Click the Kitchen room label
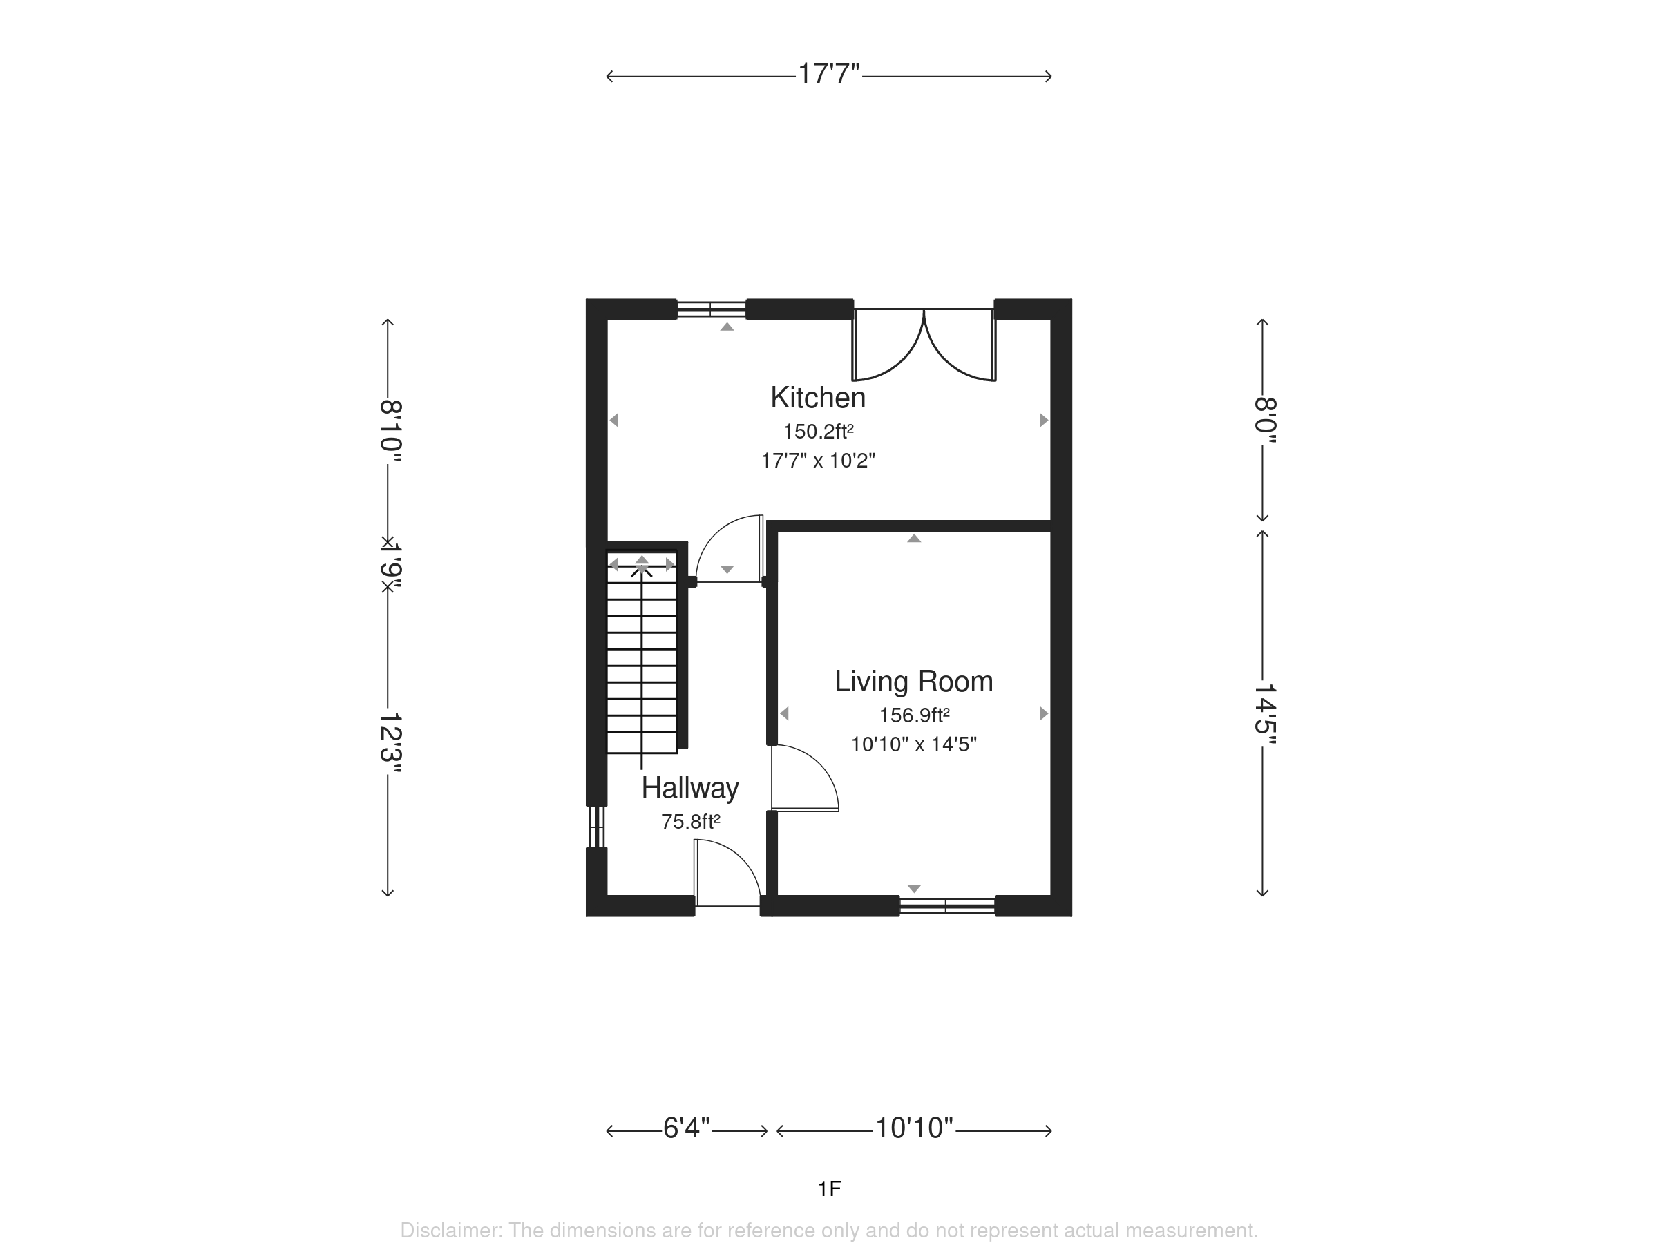818,398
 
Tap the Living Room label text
914,681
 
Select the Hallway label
690,787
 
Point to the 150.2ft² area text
819,432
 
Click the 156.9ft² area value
915,715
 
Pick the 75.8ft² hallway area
690,822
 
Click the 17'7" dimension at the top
828,74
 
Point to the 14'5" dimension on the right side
1264,715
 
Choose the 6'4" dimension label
687,1128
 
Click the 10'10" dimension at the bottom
915,1128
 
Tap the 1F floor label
829,1189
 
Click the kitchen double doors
924,345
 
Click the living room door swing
805,778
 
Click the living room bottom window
946,906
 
